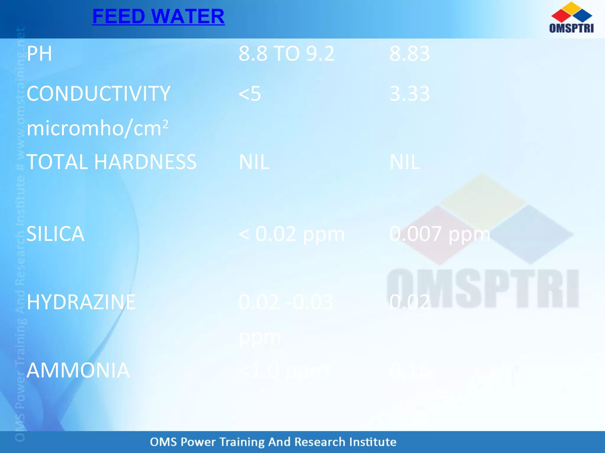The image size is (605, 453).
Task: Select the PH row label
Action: click(x=39, y=54)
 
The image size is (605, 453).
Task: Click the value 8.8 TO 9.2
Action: click(x=286, y=54)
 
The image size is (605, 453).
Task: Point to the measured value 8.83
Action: click(x=409, y=54)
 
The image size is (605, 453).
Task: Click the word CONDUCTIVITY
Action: click(x=98, y=94)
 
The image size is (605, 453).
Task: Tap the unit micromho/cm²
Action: click(x=97, y=128)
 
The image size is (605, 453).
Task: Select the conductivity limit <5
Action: click(x=250, y=94)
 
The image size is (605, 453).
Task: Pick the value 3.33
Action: click(x=409, y=94)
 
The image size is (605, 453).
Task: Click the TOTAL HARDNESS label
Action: click(x=111, y=162)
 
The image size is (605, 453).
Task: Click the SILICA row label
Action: click(x=55, y=234)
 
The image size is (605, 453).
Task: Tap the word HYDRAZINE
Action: click(x=81, y=302)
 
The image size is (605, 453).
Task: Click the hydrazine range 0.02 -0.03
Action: click(x=286, y=302)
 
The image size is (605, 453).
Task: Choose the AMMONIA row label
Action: click(x=78, y=370)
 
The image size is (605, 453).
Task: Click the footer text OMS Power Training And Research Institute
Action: click(x=273, y=442)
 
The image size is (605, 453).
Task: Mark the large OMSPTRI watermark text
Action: click(x=483, y=288)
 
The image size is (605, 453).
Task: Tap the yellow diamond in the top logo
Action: click(x=572, y=8)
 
